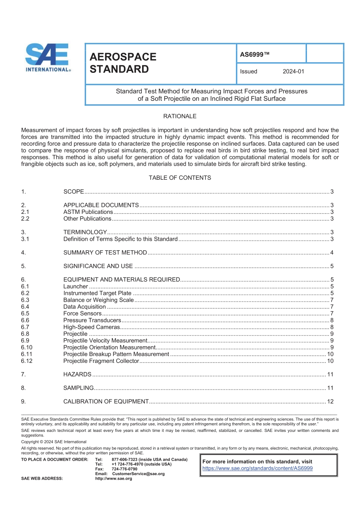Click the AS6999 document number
point(254,55)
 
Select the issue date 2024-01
point(293,71)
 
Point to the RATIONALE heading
point(180,116)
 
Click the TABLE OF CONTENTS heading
point(180,178)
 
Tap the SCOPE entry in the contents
point(74,192)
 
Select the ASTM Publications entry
point(88,212)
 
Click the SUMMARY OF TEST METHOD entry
point(105,253)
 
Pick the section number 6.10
point(27,347)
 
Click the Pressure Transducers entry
point(92,320)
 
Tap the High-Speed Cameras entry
point(91,327)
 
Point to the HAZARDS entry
point(77,375)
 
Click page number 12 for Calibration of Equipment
point(330,402)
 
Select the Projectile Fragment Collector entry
point(101,361)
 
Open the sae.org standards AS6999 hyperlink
point(257,468)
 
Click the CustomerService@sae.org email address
point(138,474)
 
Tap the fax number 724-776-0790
point(124,469)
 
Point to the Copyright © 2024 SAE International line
point(54,442)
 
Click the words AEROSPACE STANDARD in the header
point(123,63)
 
